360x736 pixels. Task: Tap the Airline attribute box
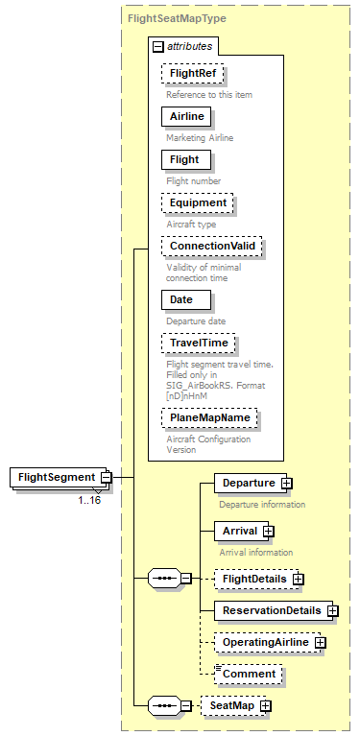click(x=186, y=116)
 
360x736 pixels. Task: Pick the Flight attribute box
click(x=184, y=159)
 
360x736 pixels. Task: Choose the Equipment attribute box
click(x=198, y=202)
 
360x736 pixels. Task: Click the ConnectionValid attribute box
click(x=211, y=246)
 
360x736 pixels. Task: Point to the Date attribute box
click(x=181, y=299)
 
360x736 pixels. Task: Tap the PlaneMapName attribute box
click(x=210, y=418)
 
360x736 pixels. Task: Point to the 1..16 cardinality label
click(x=90, y=500)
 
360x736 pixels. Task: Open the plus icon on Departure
click(x=286, y=483)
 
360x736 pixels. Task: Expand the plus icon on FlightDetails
click(x=299, y=579)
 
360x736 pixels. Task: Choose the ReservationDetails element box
click(x=270, y=610)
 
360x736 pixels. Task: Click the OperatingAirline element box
click(x=264, y=642)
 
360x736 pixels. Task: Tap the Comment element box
click(x=249, y=674)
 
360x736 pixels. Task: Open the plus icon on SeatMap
click(x=265, y=706)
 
